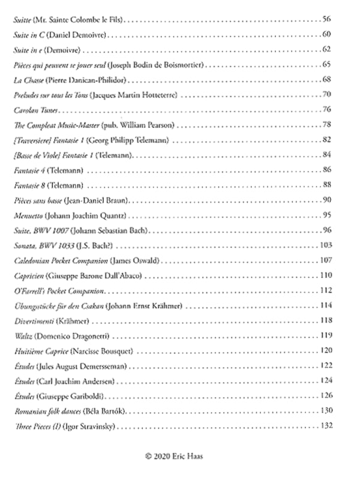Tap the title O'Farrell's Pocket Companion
(x=59, y=290)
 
